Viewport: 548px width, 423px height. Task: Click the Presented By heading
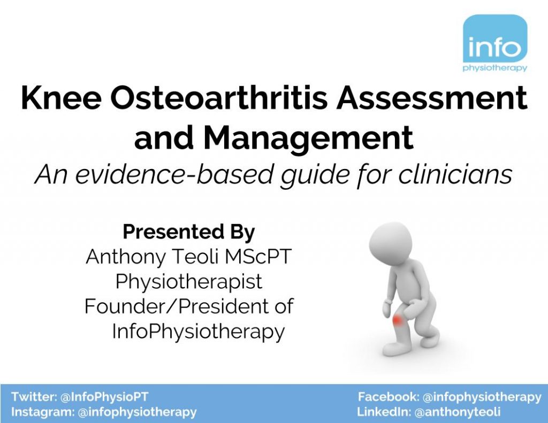[189, 232]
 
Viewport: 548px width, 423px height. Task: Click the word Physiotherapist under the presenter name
[189, 282]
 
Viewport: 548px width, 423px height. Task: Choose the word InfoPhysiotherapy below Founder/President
[198, 332]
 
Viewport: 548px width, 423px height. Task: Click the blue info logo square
[494, 40]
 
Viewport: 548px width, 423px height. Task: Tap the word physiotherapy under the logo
[494, 68]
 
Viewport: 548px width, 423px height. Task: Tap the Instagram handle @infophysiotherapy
[137, 412]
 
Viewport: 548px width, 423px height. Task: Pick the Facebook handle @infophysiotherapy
[482, 397]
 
